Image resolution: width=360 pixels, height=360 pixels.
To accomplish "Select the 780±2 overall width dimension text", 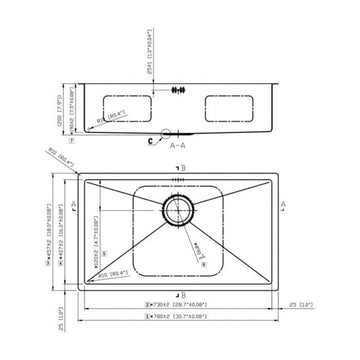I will (x=179, y=317).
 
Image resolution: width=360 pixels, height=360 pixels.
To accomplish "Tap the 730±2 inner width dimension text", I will (x=179, y=303).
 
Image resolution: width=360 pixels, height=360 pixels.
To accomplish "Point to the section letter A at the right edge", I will (x=286, y=203).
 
